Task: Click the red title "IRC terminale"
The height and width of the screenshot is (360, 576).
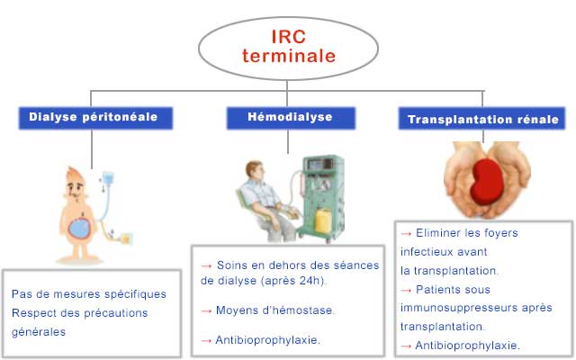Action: click(x=289, y=47)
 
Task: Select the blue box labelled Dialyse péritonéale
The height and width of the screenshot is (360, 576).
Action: click(x=95, y=118)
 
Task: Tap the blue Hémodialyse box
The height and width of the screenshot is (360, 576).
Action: click(x=291, y=118)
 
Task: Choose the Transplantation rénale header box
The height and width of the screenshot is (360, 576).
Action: click(x=482, y=118)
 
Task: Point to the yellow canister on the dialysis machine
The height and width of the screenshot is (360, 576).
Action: click(x=323, y=220)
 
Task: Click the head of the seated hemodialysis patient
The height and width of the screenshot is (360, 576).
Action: click(x=254, y=172)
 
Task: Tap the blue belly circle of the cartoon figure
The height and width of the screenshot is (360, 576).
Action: click(x=79, y=228)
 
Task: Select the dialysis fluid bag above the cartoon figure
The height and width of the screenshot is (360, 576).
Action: click(x=108, y=178)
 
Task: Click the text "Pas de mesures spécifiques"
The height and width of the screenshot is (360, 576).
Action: click(x=89, y=294)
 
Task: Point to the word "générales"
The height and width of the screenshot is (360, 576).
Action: click(x=39, y=332)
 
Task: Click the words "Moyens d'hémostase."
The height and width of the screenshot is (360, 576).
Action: click(x=275, y=310)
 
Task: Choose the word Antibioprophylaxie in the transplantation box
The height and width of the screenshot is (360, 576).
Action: click(x=466, y=345)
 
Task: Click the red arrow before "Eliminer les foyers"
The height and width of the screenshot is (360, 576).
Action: click(x=406, y=233)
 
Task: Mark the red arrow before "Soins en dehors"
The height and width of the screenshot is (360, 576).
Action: click(x=206, y=265)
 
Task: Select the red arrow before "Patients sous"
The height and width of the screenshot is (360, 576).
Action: click(x=406, y=290)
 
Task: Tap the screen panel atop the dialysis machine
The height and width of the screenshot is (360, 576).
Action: click(x=320, y=164)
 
